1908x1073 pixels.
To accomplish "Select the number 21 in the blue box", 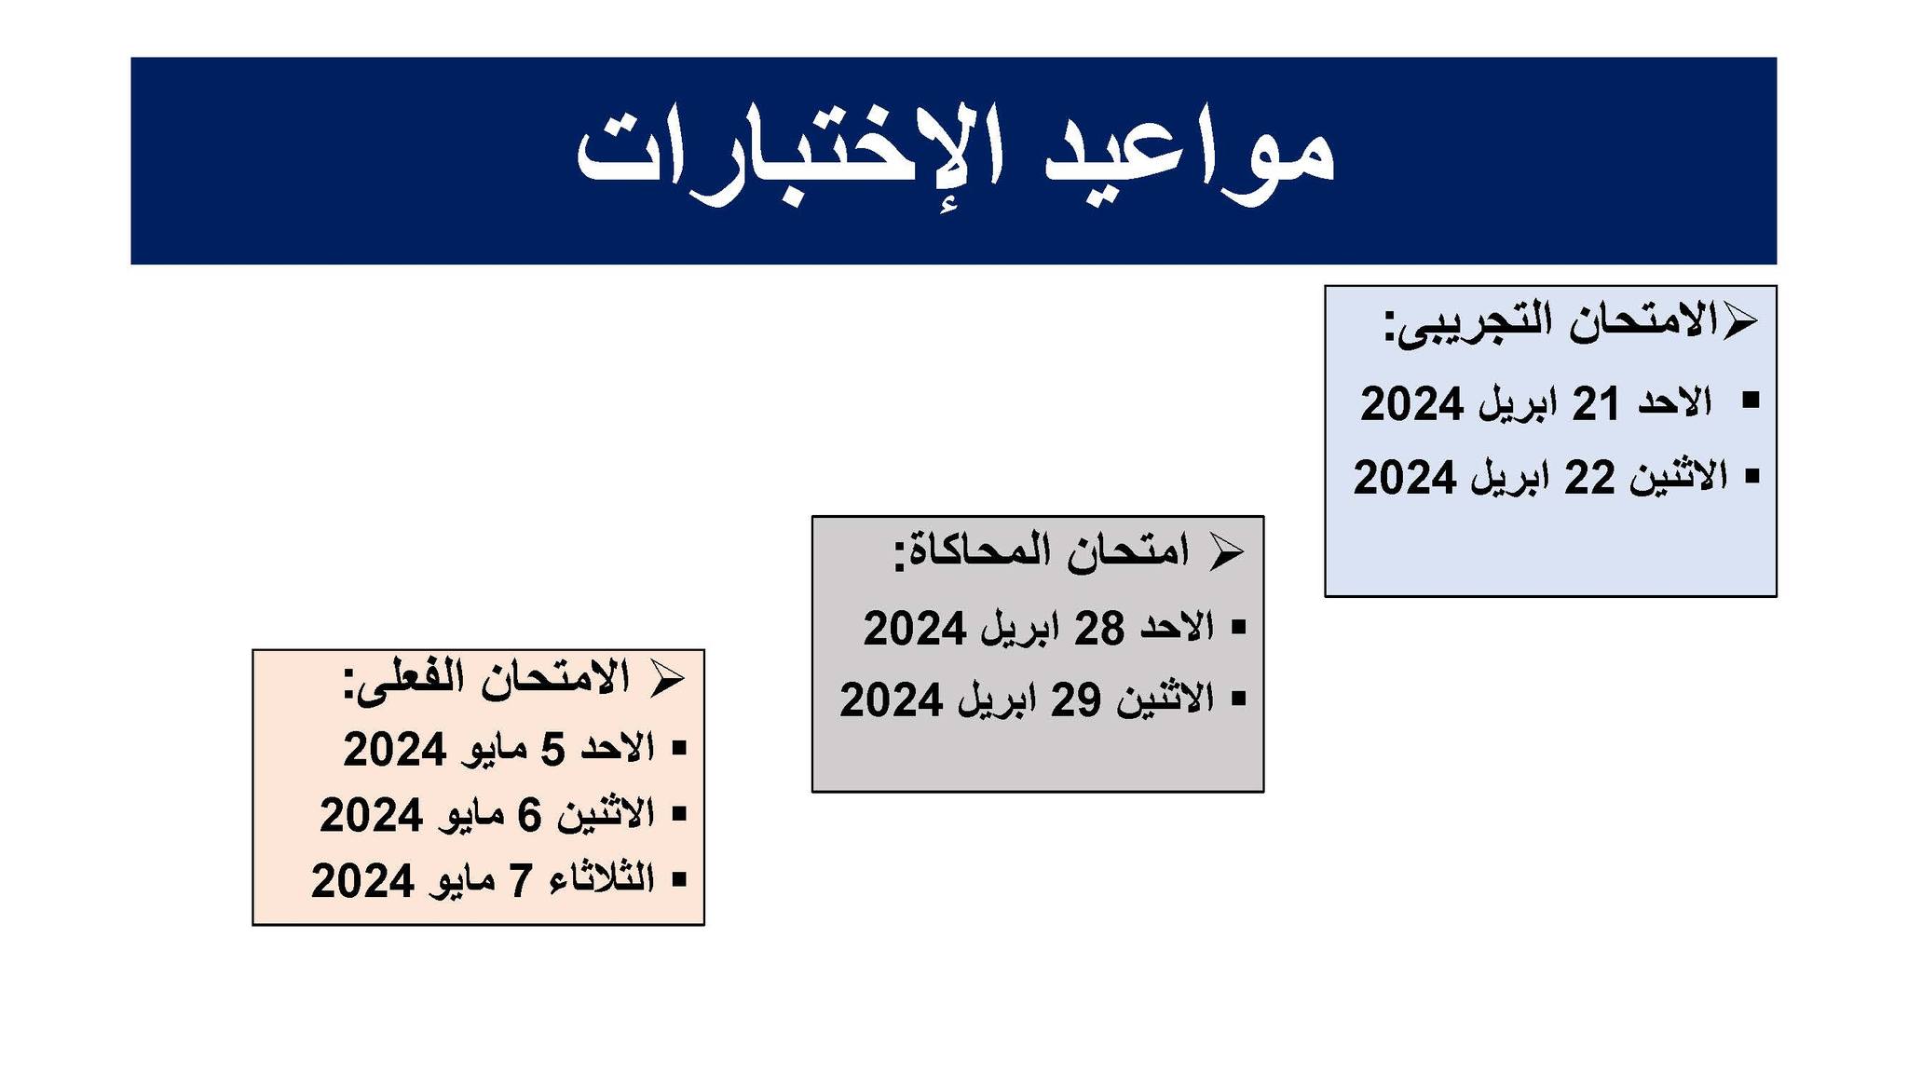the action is pos(1594,404).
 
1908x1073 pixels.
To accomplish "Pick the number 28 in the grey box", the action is pos(1099,629).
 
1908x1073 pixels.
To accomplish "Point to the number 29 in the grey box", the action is pos(1076,699).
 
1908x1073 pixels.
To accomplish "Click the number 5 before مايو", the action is pos(553,750).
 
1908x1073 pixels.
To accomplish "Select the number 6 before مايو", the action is pos(529,815).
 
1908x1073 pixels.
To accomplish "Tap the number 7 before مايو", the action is pos(520,880).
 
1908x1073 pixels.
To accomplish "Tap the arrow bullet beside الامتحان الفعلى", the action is pos(667,679).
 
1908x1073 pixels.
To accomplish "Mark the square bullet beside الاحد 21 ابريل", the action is pos(1750,401).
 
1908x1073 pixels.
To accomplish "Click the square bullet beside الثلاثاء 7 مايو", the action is pos(678,878).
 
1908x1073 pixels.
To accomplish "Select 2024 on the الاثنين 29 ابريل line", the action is pos(892,699).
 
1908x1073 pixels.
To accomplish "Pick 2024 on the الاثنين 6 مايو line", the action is pos(372,815).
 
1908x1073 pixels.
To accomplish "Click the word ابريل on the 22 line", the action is pos(1510,479).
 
